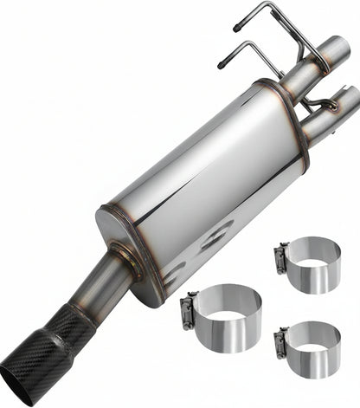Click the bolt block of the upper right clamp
tap(282, 258)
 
